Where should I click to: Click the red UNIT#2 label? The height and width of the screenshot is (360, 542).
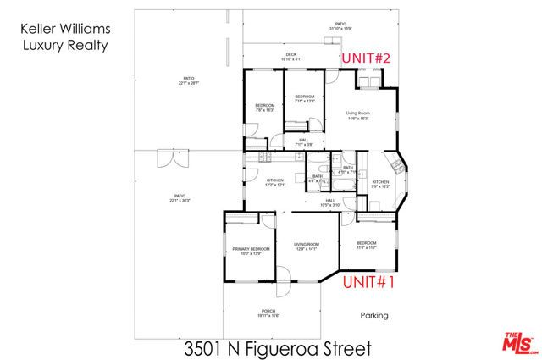(x=366, y=58)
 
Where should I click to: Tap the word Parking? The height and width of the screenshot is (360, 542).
(x=373, y=316)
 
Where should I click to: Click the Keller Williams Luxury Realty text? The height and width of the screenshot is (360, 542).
(x=64, y=39)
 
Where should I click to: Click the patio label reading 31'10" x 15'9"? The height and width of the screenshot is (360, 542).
(x=340, y=26)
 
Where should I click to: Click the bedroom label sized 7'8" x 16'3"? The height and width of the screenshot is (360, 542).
(x=264, y=108)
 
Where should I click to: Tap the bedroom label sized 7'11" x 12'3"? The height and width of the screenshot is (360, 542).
(x=304, y=99)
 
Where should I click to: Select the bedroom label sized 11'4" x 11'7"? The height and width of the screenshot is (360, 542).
(x=367, y=245)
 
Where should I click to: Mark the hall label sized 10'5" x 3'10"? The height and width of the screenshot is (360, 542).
(x=330, y=202)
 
